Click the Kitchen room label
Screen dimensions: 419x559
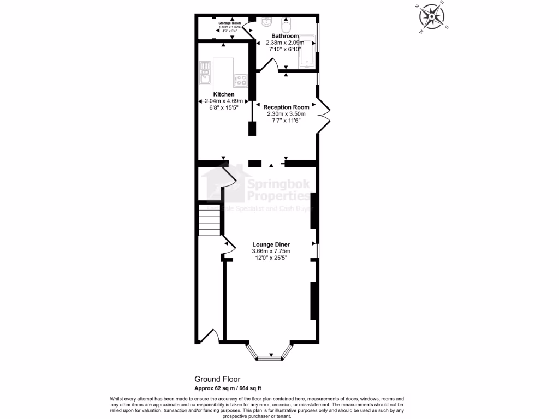[223, 94]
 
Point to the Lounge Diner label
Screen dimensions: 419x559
[271, 244]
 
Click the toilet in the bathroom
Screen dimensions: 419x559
[286, 26]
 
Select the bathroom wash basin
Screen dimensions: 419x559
[266, 22]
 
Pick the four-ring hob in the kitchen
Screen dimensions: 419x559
[241, 81]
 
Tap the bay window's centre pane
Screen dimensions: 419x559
[271, 358]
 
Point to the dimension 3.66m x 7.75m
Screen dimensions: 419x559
[271, 251]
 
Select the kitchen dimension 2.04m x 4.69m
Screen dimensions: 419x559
[223, 101]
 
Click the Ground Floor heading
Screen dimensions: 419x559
[217, 379]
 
